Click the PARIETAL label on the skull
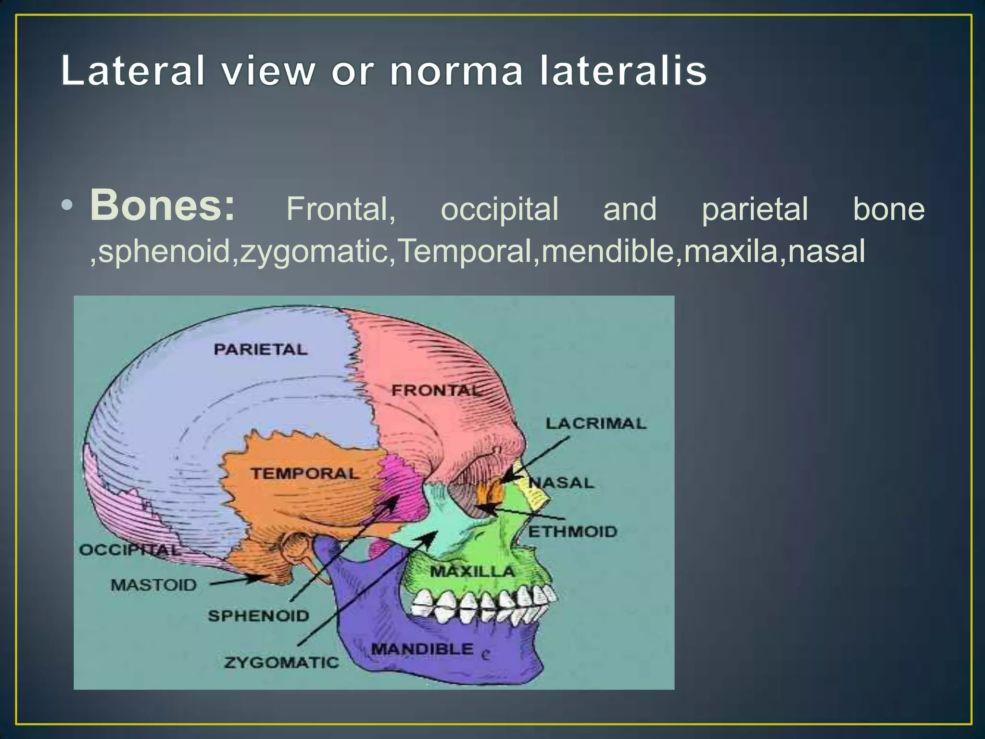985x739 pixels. tap(260, 349)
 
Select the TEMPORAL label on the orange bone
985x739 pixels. tap(304, 473)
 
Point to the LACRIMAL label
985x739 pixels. tap(595, 423)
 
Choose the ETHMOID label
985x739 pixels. tap(572, 532)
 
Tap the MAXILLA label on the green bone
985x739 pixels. tap(472, 572)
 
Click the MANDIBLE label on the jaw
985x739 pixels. tap(422, 649)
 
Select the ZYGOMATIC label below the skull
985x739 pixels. tap(281, 663)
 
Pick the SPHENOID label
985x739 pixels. tap(258, 615)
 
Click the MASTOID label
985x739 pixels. tap(154, 585)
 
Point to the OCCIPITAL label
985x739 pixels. tap(129, 549)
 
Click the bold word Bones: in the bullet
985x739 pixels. tap(163, 206)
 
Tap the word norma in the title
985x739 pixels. tap(456, 71)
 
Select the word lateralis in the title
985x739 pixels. tap(623, 71)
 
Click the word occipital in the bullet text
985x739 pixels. tap(499, 210)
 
